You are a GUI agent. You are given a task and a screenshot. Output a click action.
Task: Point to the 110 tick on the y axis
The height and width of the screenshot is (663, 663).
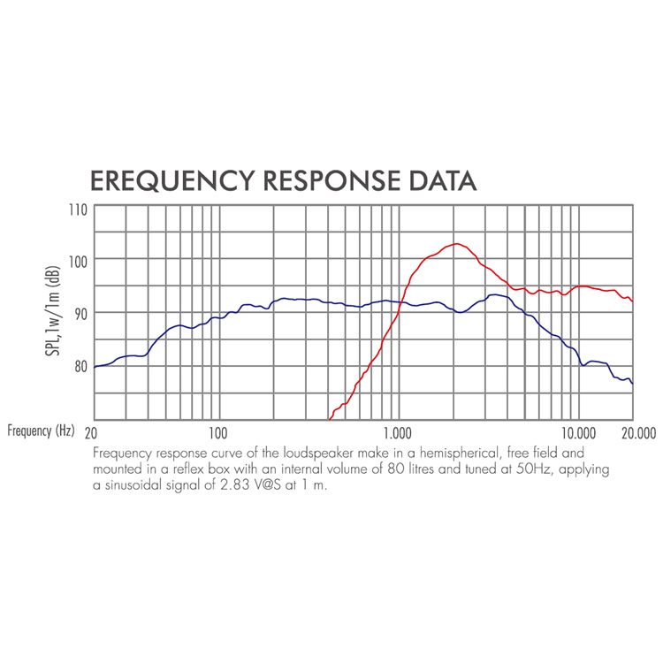[x=79, y=210]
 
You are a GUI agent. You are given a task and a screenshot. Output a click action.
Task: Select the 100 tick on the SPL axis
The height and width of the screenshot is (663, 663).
[x=79, y=262]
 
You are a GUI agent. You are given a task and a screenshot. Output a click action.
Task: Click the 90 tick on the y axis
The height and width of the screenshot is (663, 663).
[x=80, y=313]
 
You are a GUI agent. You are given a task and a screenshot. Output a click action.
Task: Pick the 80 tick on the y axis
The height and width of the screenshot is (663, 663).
[x=80, y=366]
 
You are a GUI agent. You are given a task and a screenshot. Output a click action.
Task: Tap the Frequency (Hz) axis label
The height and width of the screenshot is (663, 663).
[x=42, y=432]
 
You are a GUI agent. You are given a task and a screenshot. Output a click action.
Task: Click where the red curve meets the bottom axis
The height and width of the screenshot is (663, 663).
[x=330, y=419]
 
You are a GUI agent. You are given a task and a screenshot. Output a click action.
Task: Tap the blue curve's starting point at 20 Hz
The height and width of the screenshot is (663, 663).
[x=95, y=366]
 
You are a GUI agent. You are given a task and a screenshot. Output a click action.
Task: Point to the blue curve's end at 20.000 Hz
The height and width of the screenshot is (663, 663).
[x=633, y=383]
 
